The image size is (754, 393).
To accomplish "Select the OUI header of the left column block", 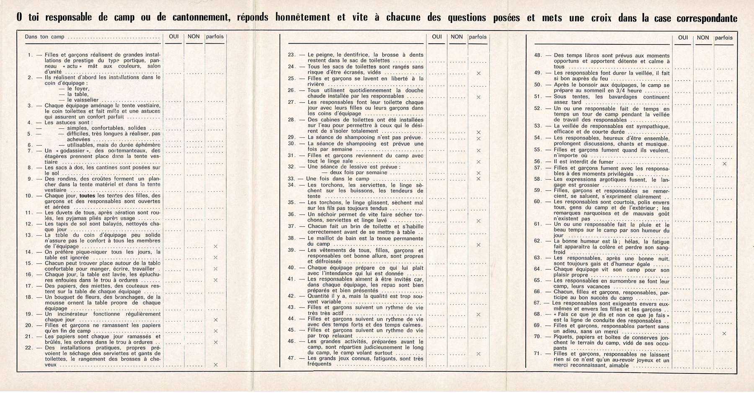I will coord(174,37).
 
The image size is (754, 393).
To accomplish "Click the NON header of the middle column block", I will coord(457,37).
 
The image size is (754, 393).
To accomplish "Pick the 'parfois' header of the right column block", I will coord(724,38).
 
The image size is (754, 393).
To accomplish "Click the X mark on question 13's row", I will coord(216,246).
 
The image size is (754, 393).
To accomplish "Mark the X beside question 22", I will coord(216,365).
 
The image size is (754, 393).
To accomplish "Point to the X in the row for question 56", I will coord(725,164).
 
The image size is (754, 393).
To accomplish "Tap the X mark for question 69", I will coord(724,334).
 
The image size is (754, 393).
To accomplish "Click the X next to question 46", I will coord(478,354).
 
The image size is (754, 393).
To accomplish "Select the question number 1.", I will coord(30,55).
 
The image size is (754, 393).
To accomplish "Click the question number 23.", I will coord(292,55).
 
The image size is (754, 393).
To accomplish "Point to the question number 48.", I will coord(538,55).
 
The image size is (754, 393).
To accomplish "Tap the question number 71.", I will coord(538,354).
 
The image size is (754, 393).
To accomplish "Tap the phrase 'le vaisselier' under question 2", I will coord(83,100).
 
